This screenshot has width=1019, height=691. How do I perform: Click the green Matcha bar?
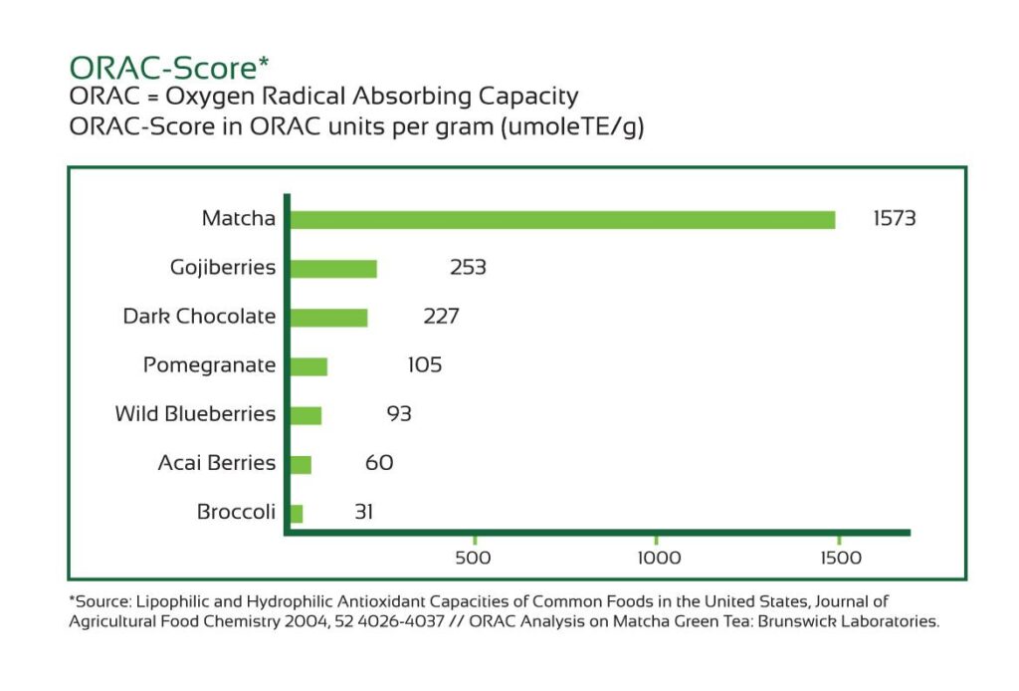tap(562, 220)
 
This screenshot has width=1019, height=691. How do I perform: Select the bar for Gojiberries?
tap(333, 269)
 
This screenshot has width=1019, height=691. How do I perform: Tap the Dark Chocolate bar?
tap(328, 318)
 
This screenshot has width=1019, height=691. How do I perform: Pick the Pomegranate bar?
tap(308, 366)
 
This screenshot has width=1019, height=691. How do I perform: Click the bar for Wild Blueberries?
tap(306, 415)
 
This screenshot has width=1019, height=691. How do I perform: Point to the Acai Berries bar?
tap(301, 464)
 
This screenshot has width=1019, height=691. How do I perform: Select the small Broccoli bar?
tap(296, 514)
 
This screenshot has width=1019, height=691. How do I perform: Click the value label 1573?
tap(894, 219)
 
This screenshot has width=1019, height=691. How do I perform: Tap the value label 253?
tap(467, 268)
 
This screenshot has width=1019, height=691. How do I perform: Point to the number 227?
tap(441, 317)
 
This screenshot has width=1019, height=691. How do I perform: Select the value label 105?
tap(424, 365)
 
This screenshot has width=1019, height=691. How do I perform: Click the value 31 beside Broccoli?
tap(364, 513)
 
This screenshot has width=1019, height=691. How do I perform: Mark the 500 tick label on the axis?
tap(473, 558)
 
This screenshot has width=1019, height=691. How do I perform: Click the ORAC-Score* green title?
tap(169, 68)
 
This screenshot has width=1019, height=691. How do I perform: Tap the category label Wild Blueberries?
tap(195, 414)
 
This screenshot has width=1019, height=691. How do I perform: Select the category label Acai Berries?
tap(216, 463)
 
